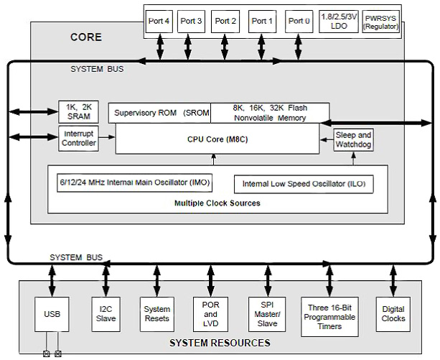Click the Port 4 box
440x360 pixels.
click(x=159, y=22)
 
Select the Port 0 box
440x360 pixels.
click(x=299, y=22)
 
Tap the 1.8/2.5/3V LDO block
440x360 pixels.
click(x=337, y=22)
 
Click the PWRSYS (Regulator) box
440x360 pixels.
click(x=379, y=22)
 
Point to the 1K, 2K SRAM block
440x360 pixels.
click(x=78, y=111)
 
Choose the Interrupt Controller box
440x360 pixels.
click(x=78, y=138)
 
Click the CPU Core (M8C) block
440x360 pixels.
click(x=219, y=138)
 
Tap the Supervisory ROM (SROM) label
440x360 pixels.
click(x=160, y=113)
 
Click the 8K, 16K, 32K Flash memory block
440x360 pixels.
click(x=270, y=113)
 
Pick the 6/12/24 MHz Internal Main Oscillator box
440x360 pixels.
click(x=134, y=183)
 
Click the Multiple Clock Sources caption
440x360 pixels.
click(x=217, y=203)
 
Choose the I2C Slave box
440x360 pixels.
click(x=106, y=313)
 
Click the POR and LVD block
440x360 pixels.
click(x=210, y=313)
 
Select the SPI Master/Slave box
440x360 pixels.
click(x=264, y=313)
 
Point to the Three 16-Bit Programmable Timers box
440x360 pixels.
click(x=329, y=313)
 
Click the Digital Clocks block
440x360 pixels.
click(x=393, y=313)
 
